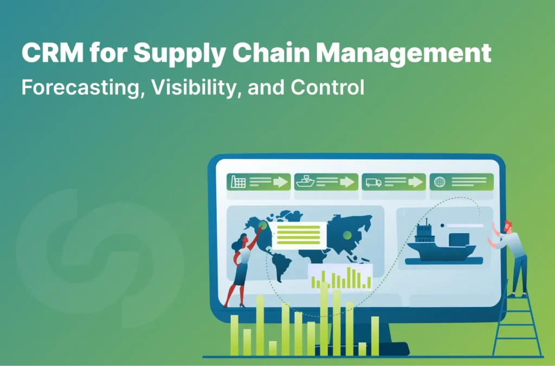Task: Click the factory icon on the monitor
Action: (x=238, y=182)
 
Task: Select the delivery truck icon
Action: (x=373, y=182)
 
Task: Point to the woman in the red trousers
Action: (x=242, y=266)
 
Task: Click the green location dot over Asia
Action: (x=346, y=234)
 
